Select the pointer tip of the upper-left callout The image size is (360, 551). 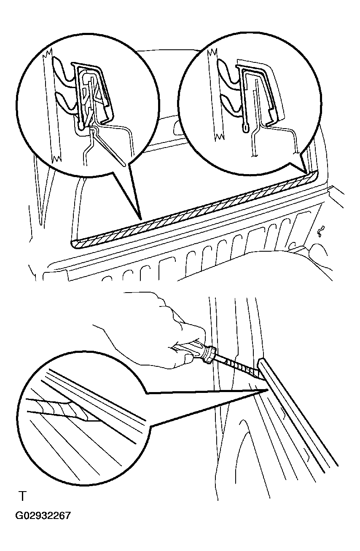point(141,219)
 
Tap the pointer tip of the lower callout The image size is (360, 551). point(268,390)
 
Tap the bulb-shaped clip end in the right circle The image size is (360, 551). point(246,128)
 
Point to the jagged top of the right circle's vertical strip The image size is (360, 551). point(212,52)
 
